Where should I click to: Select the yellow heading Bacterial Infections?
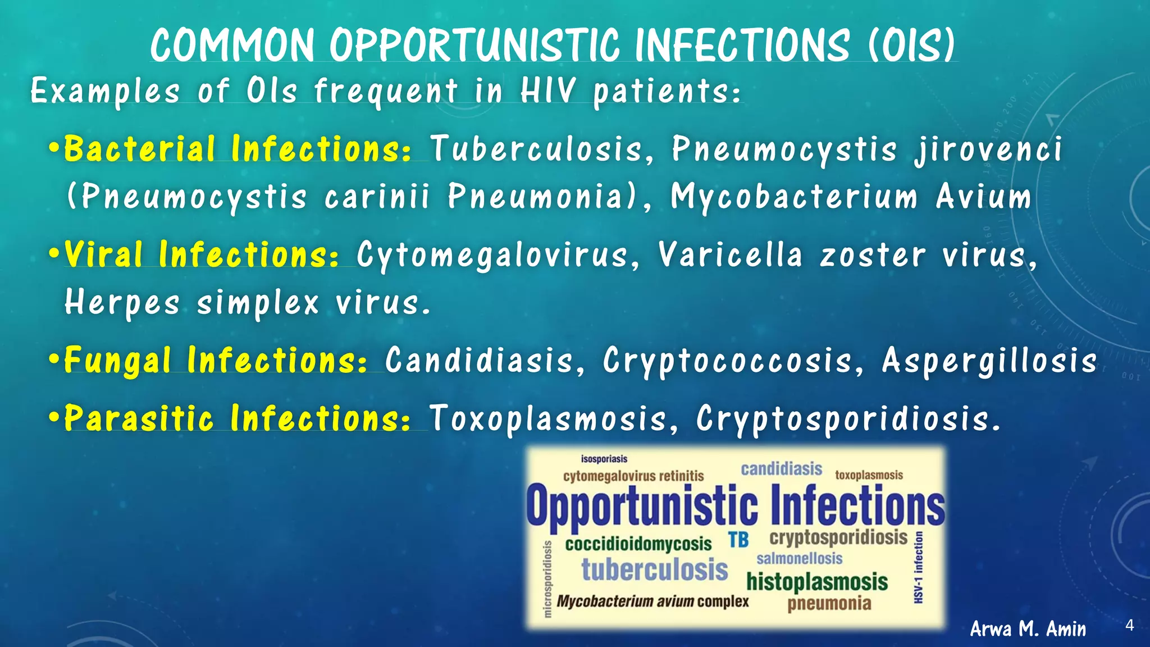(238, 149)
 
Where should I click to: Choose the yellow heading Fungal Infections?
(216, 360)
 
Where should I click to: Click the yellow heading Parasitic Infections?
(238, 418)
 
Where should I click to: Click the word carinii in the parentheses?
(377, 197)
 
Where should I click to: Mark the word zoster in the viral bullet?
(872, 256)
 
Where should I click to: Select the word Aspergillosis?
(989, 360)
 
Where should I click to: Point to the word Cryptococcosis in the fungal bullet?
(728, 360)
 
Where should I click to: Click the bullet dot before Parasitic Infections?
(54, 418)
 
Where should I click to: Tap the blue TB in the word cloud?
(738, 540)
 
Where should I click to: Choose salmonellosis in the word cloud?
(799, 559)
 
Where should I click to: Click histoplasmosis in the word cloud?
(817, 582)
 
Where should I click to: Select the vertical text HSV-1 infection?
(919, 567)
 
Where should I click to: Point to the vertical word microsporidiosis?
(547, 578)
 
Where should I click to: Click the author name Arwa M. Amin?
(1028, 628)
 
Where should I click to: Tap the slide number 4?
(1130, 625)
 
